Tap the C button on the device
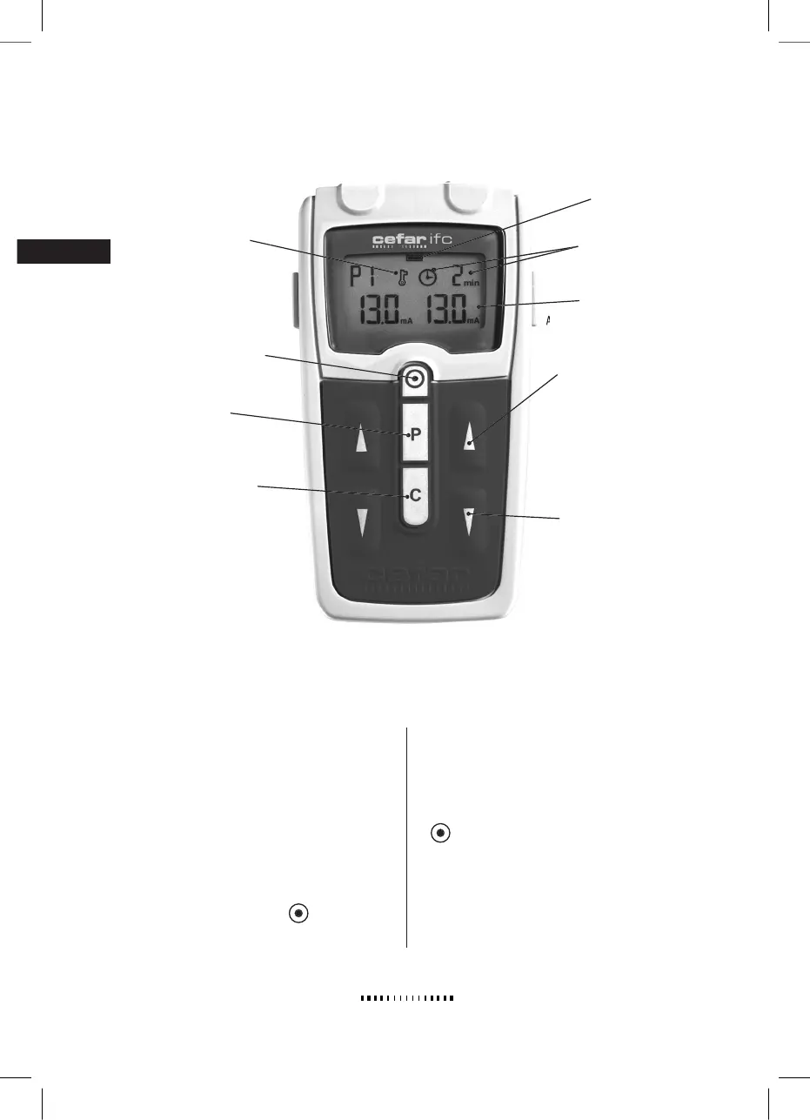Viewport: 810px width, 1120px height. tap(415, 495)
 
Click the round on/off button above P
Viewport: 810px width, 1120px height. tap(415, 379)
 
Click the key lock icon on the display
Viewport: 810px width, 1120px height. tap(402, 278)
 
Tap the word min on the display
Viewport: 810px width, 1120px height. tap(472, 284)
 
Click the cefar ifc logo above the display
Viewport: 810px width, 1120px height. tap(412, 239)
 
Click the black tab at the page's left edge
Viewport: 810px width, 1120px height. tap(64, 251)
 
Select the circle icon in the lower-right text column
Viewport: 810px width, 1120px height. tap(441, 833)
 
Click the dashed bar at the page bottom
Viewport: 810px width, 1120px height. tap(408, 998)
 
